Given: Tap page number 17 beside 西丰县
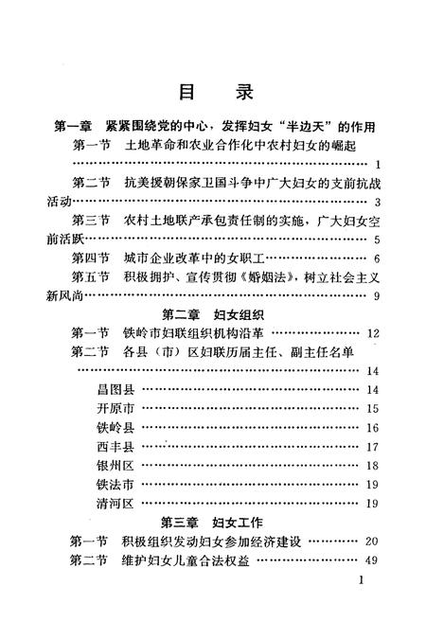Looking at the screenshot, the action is pyautogui.click(x=372, y=447).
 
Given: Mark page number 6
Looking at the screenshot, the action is pyautogui.click(x=376, y=258).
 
